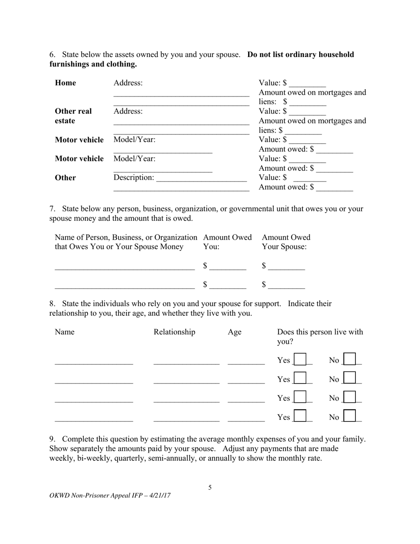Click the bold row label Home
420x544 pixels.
[65, 83]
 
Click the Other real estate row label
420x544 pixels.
[73, 116]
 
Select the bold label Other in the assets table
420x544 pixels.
[65, 178]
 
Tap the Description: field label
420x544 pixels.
[134, 177]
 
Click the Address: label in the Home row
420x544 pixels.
[128, 83]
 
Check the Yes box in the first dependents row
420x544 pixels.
[300, 359]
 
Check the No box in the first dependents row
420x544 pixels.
[350, 359]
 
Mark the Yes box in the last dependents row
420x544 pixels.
[300, 416]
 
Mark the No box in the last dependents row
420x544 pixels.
[350, 416]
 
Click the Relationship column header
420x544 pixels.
[174, 332]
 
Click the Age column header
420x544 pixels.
[234, 332]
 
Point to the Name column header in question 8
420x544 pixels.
[65, 332]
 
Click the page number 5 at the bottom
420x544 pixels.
[210, 487]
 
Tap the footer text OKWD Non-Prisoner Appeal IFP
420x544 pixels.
[110, 496]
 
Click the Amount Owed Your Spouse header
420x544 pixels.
[286, 242]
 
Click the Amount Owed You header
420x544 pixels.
[227, 242]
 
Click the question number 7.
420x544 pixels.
[52, 209]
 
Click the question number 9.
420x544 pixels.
[52, 439]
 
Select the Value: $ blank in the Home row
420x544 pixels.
[308, 83]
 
